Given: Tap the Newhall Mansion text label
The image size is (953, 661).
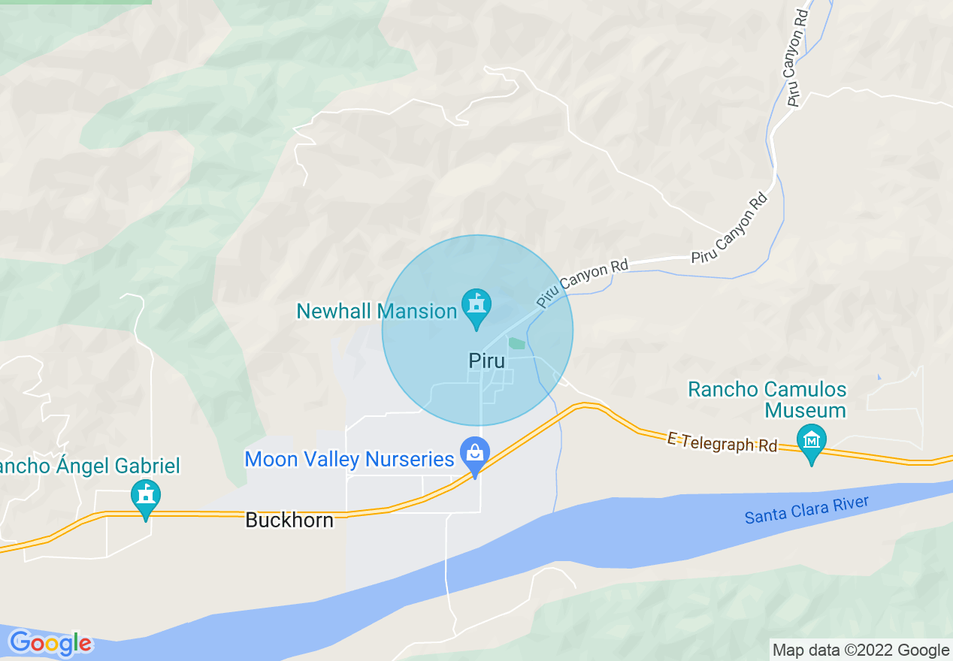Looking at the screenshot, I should pos(377,311).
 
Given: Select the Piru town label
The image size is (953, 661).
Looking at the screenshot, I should pos(486,361).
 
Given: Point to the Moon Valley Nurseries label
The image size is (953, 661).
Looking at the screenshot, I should pos(349,459).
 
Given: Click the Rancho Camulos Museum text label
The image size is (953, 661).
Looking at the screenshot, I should pos(767,400).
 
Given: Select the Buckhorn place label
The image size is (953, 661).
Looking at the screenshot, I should pos(289,520).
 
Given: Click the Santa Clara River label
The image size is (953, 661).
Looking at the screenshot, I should pos(806,511).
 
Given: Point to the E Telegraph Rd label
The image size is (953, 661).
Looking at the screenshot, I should pos(722,442).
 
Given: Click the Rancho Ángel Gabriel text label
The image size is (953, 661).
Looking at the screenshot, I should pos(89,466).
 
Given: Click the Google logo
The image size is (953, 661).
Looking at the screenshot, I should pos(50,643).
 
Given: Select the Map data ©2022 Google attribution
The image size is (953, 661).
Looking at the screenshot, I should pos(861,650).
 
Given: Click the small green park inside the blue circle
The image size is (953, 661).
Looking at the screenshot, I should pos(516,343).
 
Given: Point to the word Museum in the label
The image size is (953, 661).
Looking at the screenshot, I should pos(805,410).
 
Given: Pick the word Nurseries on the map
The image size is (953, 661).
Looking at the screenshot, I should pos(403,459).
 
